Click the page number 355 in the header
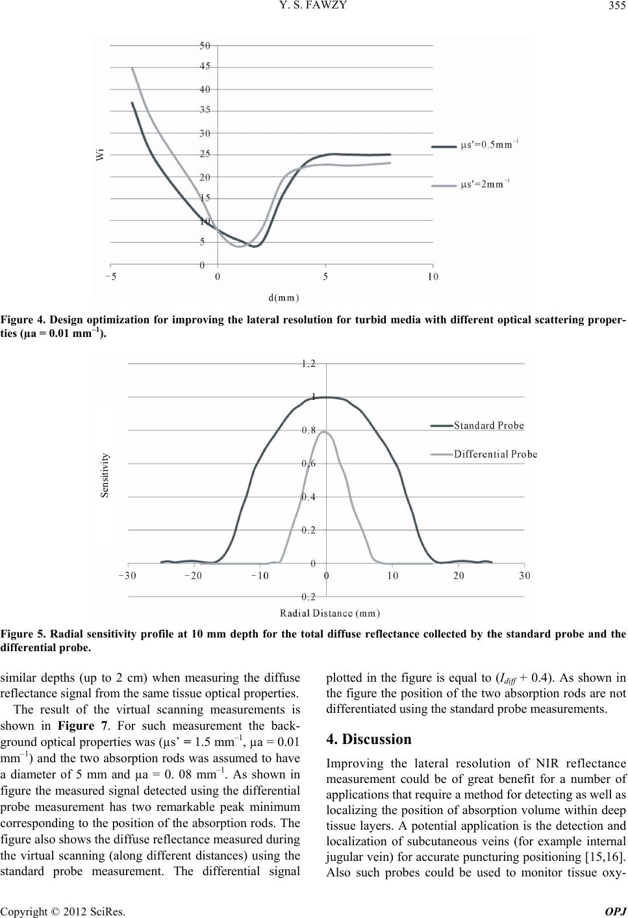pos(616,8)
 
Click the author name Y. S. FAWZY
pos(314,8)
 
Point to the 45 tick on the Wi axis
pos(205,67)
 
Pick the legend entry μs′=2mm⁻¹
pos(485,185)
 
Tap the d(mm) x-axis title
pos(283,298)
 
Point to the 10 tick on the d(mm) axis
pos(433,277)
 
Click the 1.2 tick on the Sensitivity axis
pos(308,364)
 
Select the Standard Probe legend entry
pos(488,426)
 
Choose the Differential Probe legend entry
pos(495,454)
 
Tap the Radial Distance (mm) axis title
pos(330,612)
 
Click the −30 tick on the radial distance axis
pos(127,575)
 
